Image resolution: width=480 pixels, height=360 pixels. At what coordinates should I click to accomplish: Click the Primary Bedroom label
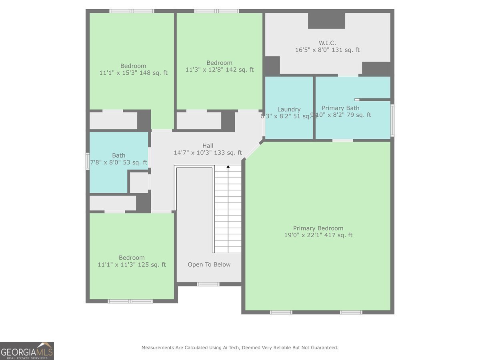coord(318,228)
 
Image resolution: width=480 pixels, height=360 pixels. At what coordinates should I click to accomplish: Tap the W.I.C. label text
coord(327,43)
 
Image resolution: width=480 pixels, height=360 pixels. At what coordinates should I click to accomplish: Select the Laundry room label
coord(289,109)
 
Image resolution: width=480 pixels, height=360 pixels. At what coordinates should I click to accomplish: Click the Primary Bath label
coord(340,108)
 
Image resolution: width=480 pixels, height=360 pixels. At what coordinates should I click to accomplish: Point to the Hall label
coord(208,146)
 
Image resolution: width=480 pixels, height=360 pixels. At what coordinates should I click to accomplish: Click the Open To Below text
coord(209,264)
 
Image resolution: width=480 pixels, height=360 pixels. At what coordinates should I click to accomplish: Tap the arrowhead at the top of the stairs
coord(228,166)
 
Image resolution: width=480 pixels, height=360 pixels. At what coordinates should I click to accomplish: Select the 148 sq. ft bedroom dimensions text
coord(133,73)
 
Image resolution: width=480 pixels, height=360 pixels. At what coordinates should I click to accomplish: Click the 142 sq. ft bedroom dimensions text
coord(219,70)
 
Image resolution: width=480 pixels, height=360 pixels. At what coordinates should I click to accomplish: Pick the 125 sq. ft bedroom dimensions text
coord(131,264)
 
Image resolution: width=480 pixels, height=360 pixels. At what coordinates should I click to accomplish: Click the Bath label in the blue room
coord(118,155)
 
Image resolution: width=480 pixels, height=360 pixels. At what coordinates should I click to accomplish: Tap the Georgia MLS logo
coord(27,351)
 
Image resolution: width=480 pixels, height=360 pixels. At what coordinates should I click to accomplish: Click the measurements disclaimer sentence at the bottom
coord(240,348)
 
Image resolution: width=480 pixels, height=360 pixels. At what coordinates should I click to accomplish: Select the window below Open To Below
coord(208,284)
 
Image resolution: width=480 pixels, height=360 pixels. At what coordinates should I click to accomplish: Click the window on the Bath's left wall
coord(87,161)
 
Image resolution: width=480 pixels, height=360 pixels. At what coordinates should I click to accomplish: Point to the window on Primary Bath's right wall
coord(392,120)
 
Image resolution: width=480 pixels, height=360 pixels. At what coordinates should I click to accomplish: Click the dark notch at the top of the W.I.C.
coord(326,20)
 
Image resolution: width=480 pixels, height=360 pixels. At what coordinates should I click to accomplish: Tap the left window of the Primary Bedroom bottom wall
coord(281,312)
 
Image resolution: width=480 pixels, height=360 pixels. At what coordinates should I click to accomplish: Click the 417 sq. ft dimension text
coord(318,235)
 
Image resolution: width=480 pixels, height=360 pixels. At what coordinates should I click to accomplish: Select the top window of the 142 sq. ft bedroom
coord(216,11)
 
